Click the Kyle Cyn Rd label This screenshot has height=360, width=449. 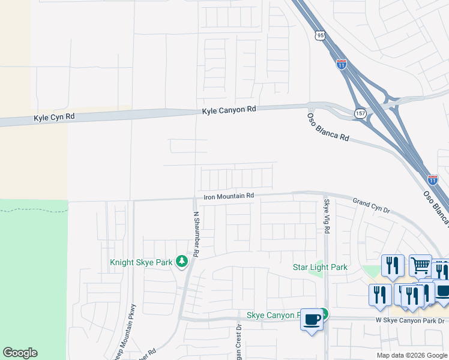pos(54,118)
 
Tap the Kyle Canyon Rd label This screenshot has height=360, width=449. pos(229,110)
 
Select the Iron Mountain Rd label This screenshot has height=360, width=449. pos(229,196)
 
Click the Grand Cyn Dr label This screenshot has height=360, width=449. pos(371,206)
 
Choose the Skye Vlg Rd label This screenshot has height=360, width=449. pos(327,216)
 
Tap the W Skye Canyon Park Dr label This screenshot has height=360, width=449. pos(411,321)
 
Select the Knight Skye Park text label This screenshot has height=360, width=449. pos(142,262)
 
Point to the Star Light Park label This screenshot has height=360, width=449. pos(320,267)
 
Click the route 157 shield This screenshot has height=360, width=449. pos(360,113)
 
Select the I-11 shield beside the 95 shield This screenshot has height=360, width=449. pos(341,64)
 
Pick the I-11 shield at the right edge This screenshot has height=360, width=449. pos(433,179)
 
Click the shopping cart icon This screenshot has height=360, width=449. pos(420,265)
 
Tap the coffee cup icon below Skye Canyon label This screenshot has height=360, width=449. pos(312,320)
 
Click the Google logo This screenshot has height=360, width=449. pos(20,353)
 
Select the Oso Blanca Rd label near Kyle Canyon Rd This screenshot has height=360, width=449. pos(328,127)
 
